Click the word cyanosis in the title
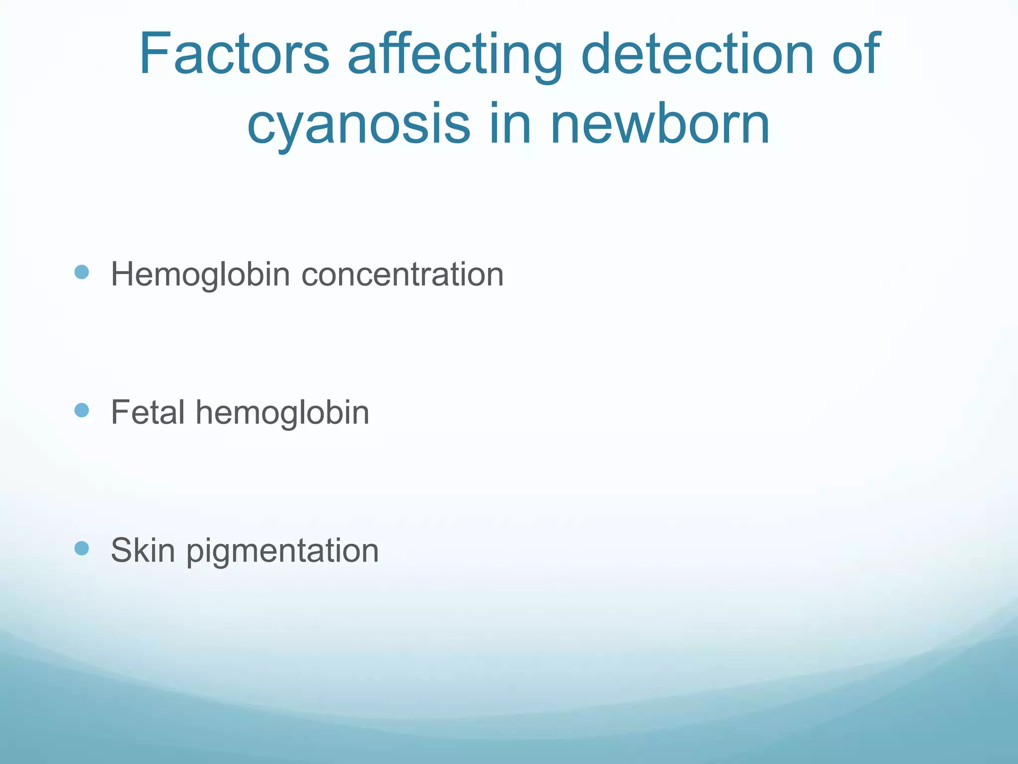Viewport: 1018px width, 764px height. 358,124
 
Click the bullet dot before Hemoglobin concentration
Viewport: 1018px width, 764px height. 82,272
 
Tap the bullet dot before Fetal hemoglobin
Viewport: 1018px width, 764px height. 82,410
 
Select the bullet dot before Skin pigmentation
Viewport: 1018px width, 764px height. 82,549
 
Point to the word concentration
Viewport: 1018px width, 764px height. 403,275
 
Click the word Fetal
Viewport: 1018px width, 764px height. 148,412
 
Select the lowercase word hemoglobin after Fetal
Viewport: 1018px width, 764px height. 282,413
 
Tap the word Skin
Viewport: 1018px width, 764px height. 143,551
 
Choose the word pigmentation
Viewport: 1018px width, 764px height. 282,552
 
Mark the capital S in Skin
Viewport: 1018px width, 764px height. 122,551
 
